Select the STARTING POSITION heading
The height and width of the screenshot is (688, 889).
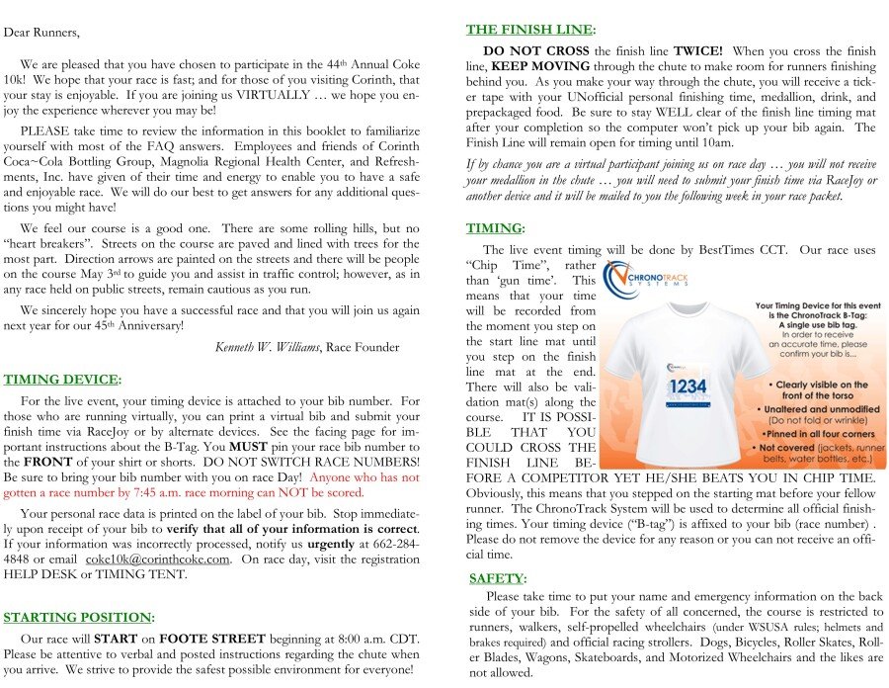77,617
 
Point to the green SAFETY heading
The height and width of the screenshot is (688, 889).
497,577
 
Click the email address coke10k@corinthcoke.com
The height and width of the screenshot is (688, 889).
158,559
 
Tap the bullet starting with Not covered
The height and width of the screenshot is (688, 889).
816,452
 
